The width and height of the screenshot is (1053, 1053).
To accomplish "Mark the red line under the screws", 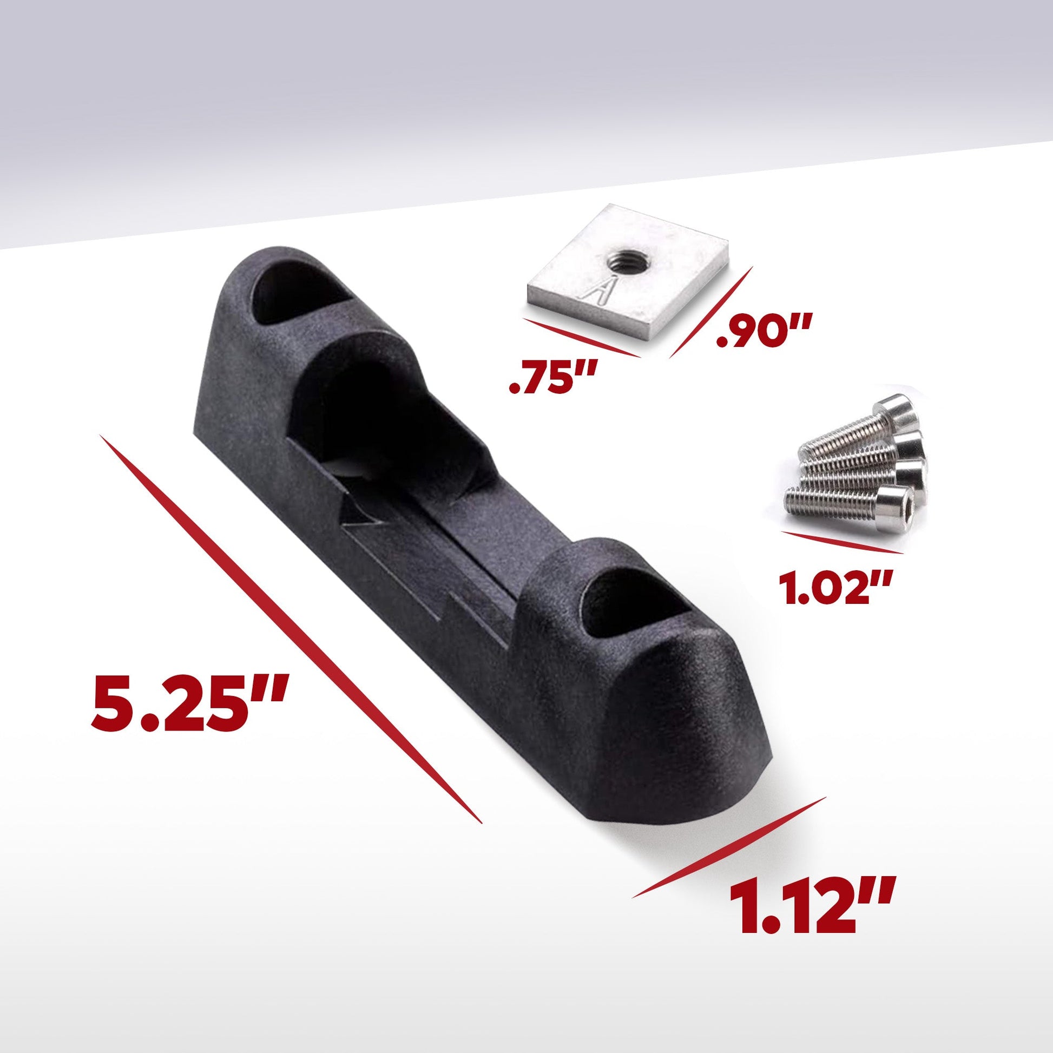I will (842, 545).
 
